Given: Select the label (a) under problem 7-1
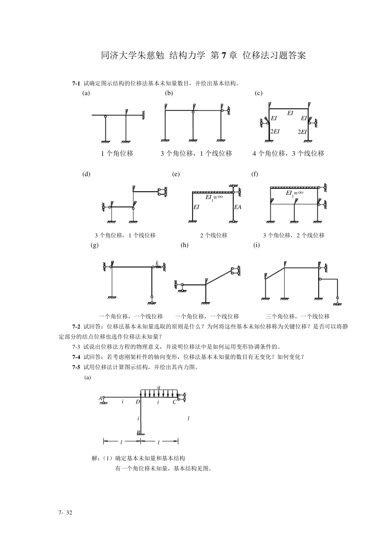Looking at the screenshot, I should (x=86, y=93).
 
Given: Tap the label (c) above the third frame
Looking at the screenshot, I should (x=258, y=93).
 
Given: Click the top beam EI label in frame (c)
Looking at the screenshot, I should (x=290, y=113).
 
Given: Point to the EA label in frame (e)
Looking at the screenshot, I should (x=238, y=207).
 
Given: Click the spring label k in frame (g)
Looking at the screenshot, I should (x=157, y=264).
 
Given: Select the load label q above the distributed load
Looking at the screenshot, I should (x=159, y=387).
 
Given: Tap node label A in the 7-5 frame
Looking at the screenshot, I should (x=100, y=398).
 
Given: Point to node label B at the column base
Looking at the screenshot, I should (x=138, y=433).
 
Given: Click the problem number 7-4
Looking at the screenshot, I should (x=76, y=357).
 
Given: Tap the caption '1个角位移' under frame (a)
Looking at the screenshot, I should (x=117, y=154).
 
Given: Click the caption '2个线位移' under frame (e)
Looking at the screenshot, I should (x=213, y=235).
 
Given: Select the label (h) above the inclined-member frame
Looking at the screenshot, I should (x=185, y=245).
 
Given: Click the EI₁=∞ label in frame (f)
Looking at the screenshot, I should (x=295, y=193).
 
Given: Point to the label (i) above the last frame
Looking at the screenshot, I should (x=257, y=245).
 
